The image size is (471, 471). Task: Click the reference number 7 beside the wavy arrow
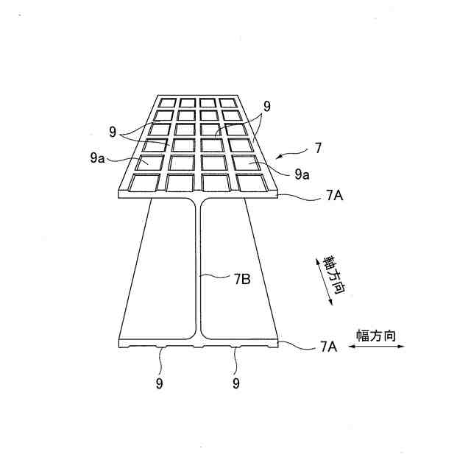[x=318, y=149]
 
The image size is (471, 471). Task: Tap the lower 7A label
[x=328, y=345]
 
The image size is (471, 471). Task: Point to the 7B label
[x=242, y=279]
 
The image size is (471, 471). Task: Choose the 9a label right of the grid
[x=302, y=174]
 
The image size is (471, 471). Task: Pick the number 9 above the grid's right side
[x=267, y=107]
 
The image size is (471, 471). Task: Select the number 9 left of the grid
[x=113, y=132]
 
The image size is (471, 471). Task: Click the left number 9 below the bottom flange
[x=159, y=383]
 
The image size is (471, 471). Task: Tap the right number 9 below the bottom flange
[x=236, y=383]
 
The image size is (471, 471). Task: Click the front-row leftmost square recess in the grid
[x=144, y=182]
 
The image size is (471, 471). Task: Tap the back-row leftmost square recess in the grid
[x=168, y=102]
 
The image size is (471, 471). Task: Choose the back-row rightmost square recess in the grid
[x=228, y=102]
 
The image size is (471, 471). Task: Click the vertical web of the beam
[x=196, y=272]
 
